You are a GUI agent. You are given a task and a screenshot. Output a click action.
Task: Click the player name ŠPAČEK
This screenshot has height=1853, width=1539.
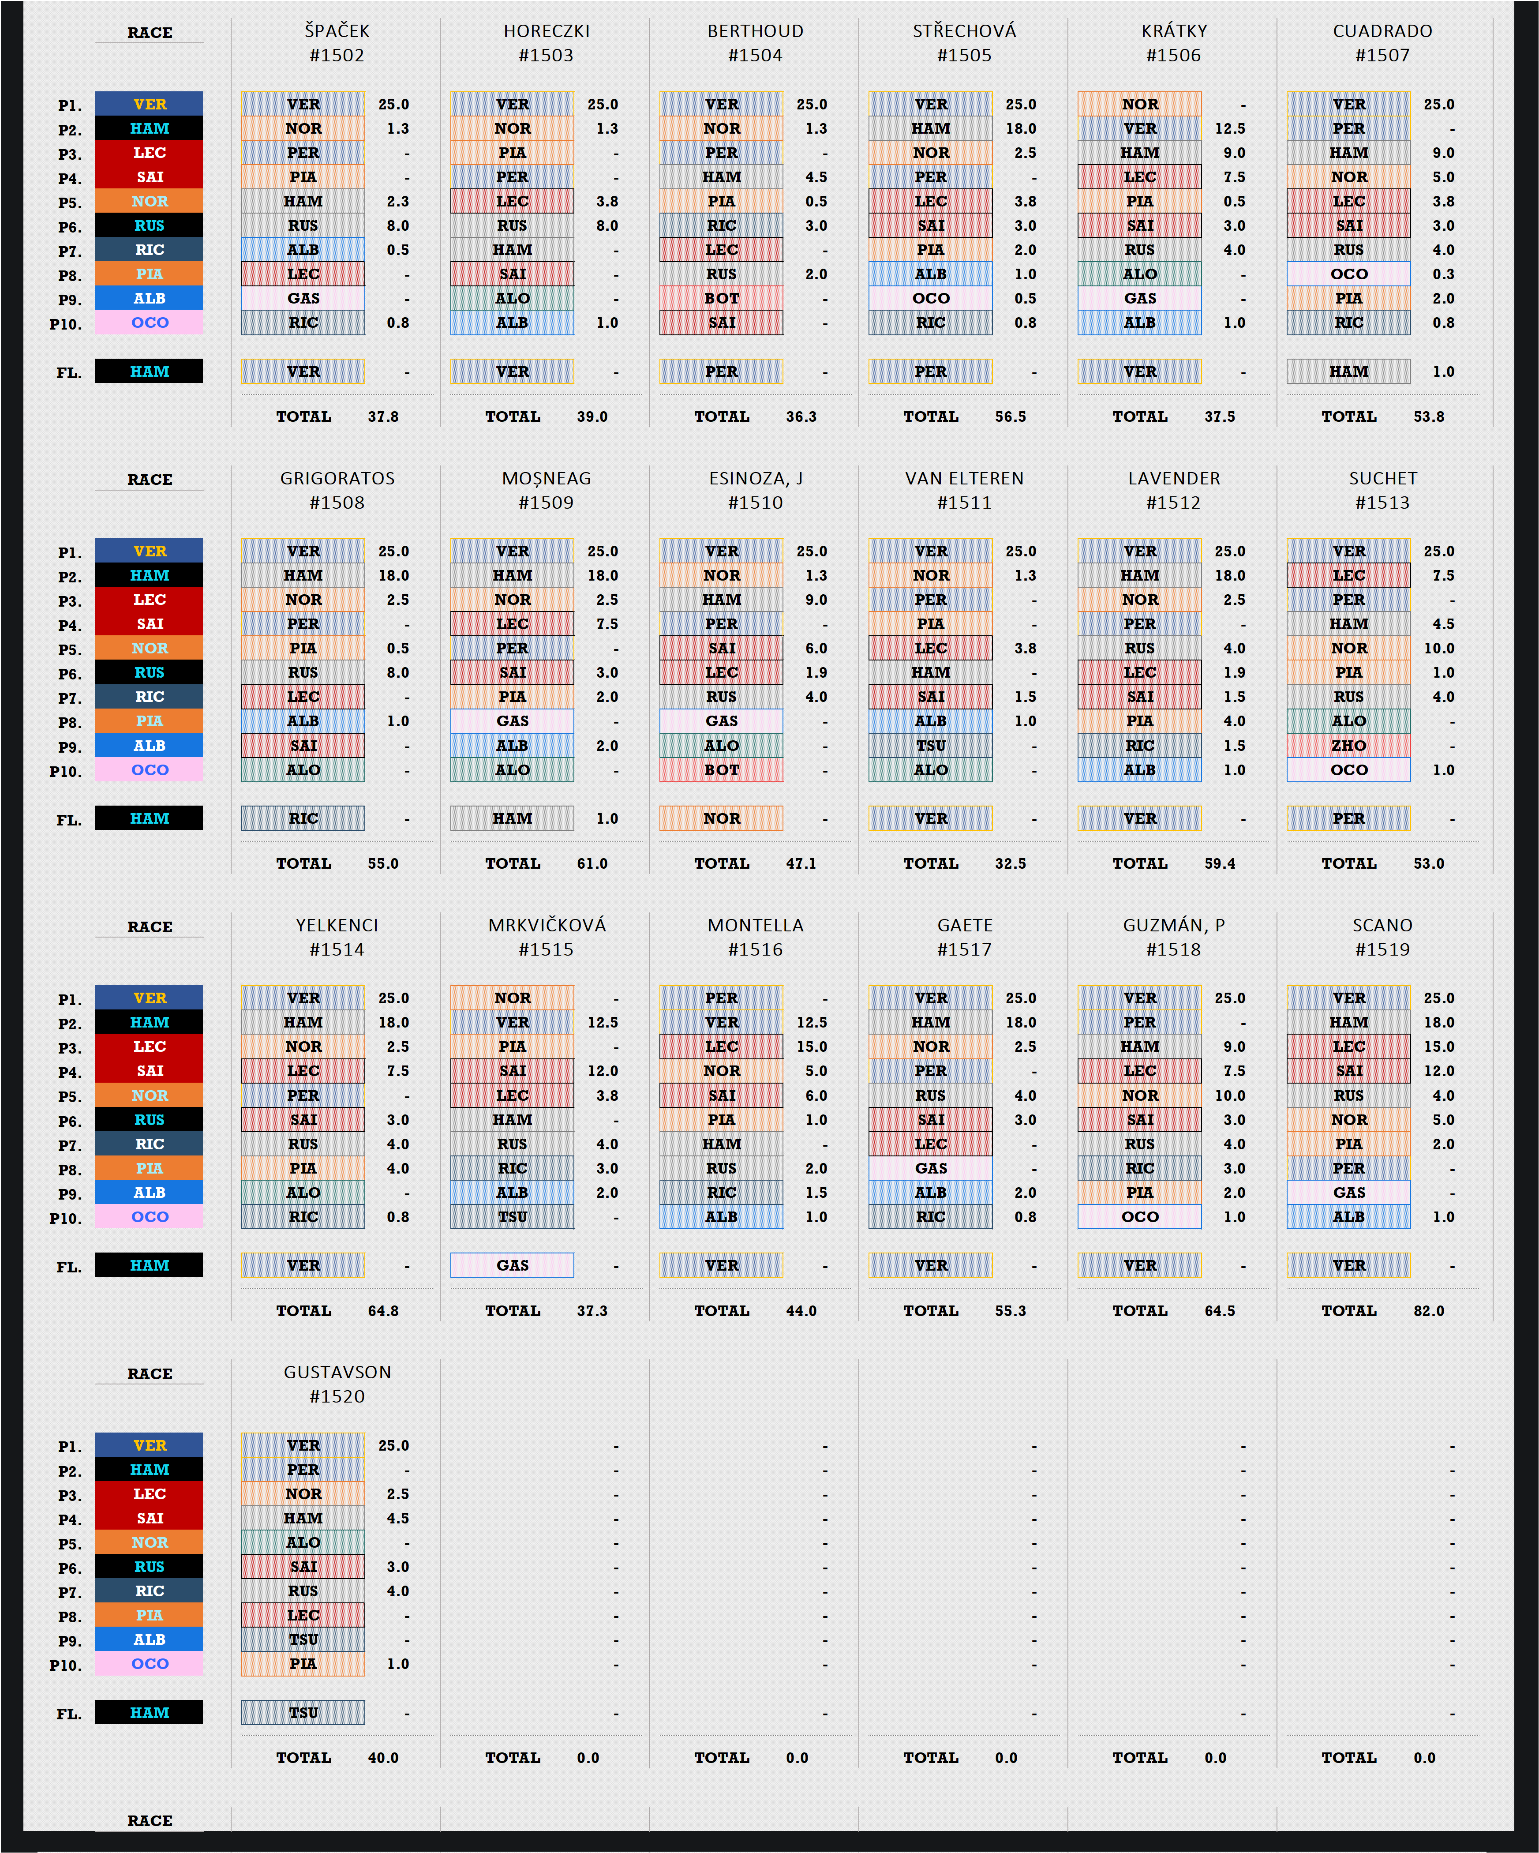[x=337, y=31]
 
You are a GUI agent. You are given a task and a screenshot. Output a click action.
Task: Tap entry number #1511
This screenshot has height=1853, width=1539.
[x=965, y=503]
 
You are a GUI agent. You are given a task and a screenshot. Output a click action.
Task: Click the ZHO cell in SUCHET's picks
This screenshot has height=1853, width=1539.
[x=1348, y=746]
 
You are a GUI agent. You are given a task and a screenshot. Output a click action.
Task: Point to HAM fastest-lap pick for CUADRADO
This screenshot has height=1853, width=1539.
[x=1348, y=371]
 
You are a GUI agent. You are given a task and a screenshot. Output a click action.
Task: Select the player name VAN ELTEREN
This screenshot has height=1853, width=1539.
[x=965, y=478]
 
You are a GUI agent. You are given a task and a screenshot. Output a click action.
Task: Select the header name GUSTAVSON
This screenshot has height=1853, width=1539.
[x=337, y=1372]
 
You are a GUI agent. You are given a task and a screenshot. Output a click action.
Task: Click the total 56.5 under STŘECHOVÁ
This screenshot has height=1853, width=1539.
[x=1011, y=416]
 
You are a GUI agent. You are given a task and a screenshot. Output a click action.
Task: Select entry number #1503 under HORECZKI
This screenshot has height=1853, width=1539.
[x=546, y=56]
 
